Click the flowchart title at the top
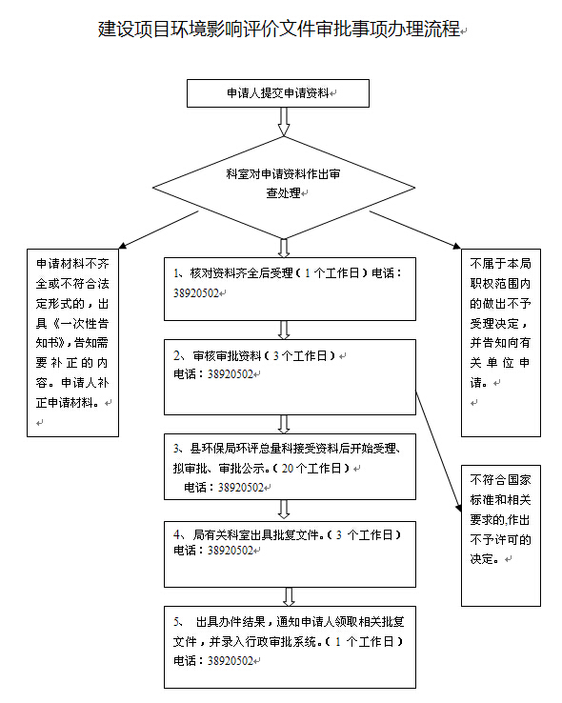tap(279, 29)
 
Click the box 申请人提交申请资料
tap(278, 93)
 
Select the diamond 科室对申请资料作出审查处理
tap(284, 188)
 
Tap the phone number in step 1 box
tap(196, 293)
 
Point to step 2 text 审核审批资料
tap(227, 356)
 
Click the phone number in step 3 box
tap(241, 488)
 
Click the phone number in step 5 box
tap(231, 661)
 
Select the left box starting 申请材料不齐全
tap(72, 343)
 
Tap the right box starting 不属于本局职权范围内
tap(501, 343)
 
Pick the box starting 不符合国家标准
tap(501, 535)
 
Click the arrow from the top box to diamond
tap(284, 122)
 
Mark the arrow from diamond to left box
tap(158, 230)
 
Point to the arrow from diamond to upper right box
tap(415, 230)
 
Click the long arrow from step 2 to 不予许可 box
tap(438, 451)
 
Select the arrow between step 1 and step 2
tap(284, 330)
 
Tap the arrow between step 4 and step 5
tap(289, 596)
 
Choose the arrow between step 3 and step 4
tap(284, 510)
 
